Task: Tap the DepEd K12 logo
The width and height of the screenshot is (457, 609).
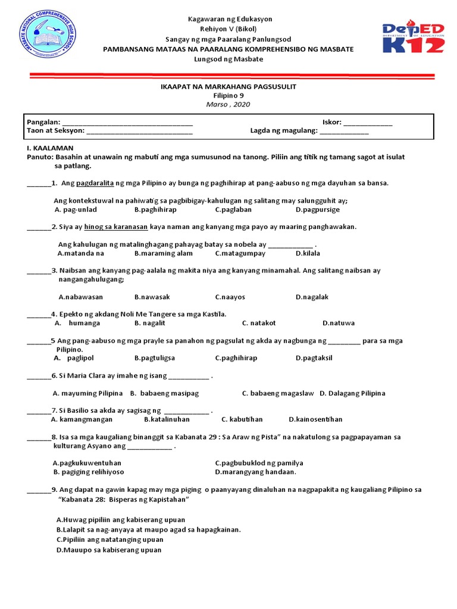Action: (x=412, y=43)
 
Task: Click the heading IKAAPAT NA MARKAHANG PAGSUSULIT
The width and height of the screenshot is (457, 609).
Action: (x=228, y=87)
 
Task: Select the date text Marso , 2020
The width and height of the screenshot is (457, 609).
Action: (x=228, y=104)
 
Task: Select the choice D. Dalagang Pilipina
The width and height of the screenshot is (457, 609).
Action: (x=352, y=393)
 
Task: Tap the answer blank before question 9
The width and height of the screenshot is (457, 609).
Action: (x=39, y=490)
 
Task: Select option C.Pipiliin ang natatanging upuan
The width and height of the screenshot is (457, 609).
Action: (x=109, y=539)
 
